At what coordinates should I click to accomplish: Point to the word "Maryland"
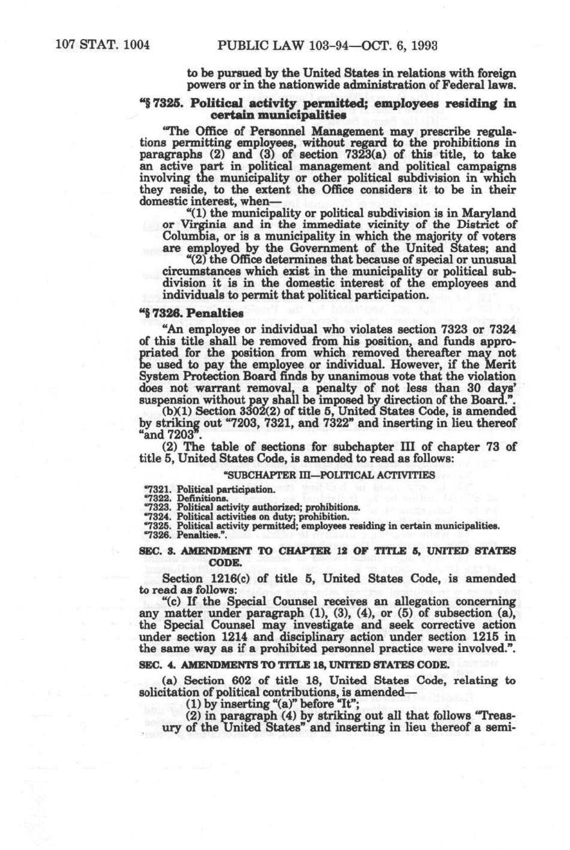(x=490, y=214)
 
